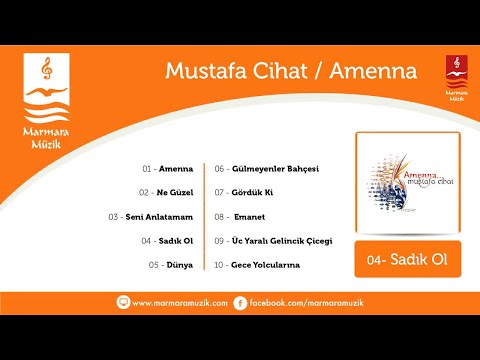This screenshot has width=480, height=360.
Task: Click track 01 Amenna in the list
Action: pos(176,169)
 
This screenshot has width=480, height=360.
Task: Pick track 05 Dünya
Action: pos(178,265)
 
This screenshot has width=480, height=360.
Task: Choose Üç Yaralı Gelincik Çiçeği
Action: pos(285,241)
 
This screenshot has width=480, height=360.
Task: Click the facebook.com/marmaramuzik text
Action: pos(293,301)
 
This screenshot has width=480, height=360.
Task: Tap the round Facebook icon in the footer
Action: pos(240,301)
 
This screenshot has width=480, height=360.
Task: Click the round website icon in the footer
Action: pos(123,301)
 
